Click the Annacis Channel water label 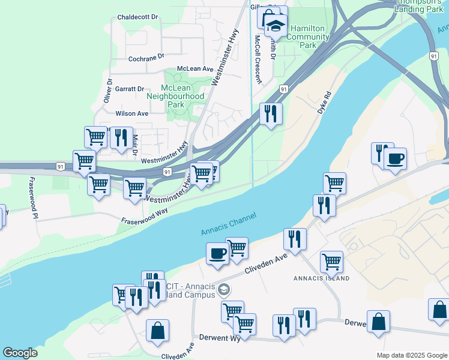pos(229,224)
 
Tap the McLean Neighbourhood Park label pos(175,96)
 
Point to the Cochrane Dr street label pos(146,58)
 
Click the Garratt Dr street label pos(130,89)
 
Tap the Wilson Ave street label pos(131,113)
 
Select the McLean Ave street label pos(195,69)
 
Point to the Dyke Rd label pos(325,103)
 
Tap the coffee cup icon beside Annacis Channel pos(217,253)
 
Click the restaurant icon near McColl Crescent pos(271,113)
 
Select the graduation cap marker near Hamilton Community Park pos(276,26)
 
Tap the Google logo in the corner pos(20,353)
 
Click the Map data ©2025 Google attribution pos(411,355)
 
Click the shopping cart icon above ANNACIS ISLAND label pos(331,262)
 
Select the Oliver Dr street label pos(108,91)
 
